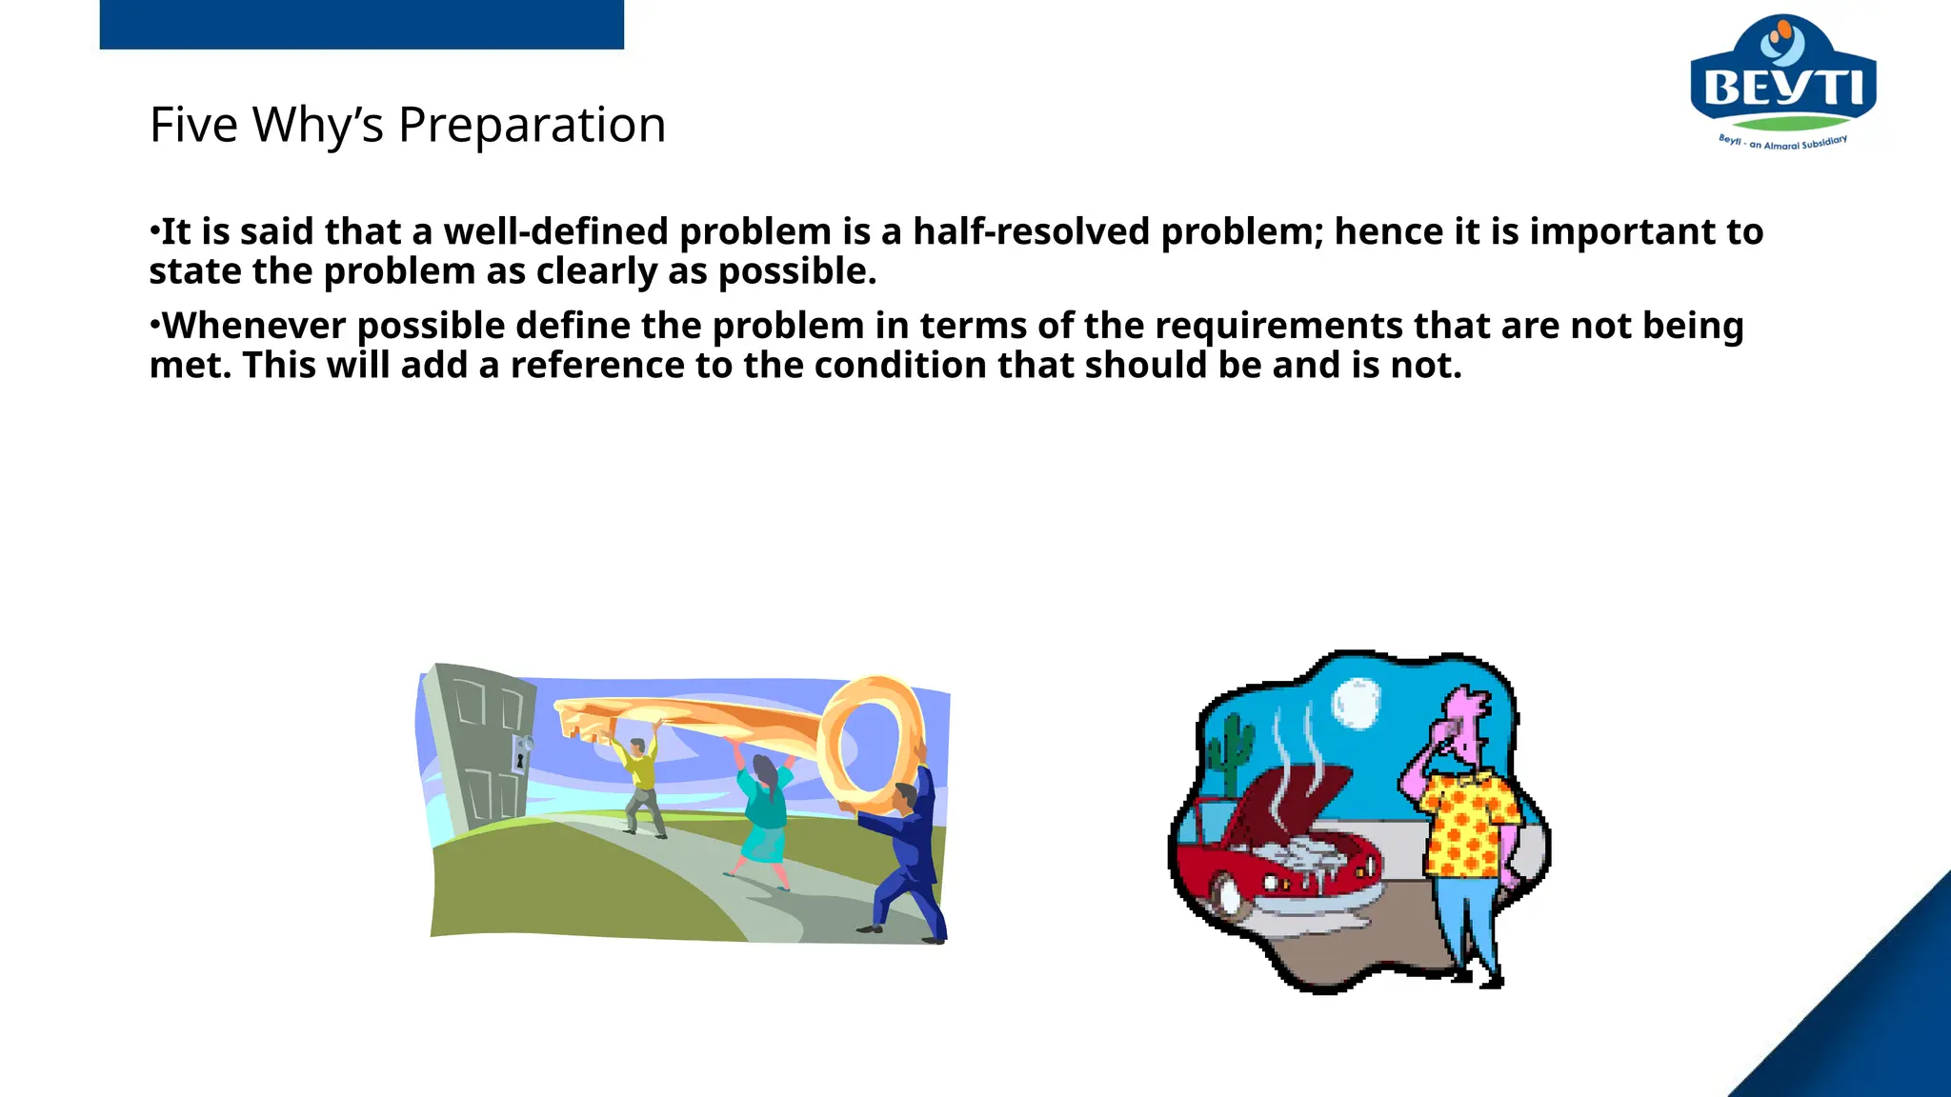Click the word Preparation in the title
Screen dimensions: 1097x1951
[532, 125]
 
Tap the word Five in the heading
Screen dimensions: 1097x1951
[193, 125]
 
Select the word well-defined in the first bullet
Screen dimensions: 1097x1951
[555, 231]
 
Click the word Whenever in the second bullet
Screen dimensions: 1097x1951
[254, 326]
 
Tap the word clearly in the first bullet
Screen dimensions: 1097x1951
[596, 272]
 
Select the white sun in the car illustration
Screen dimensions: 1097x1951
[1356, 702]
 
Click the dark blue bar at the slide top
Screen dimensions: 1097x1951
[361, 24]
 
